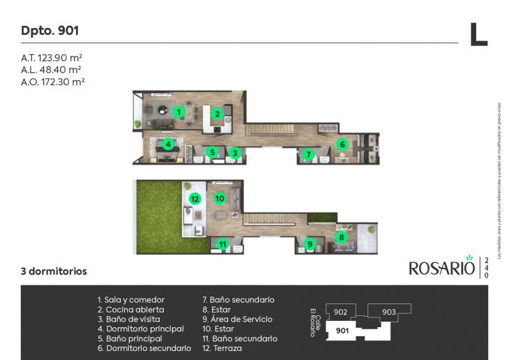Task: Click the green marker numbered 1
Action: coord(178,111)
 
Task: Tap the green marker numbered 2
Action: coord(218,114)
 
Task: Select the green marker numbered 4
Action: coord(168,145)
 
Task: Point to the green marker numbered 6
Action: coord(342,144)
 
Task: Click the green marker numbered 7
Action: coord(307,153)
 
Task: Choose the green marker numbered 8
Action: coord(342,237)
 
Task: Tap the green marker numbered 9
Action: coord(310,244)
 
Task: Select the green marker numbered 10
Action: coord(219,198)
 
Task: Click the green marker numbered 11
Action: coord(222,244)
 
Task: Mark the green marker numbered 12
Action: coord(195,199)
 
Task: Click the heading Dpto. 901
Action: coord(50,31)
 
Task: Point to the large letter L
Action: coord(478,34)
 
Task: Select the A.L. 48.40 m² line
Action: coord(52,70)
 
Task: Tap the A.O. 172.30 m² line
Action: coord(53,82)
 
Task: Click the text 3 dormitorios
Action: coord(54,271)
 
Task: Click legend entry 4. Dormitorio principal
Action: coord(140,329)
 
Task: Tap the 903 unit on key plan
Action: coord(388,312)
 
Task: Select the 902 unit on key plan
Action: coord(340,312)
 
